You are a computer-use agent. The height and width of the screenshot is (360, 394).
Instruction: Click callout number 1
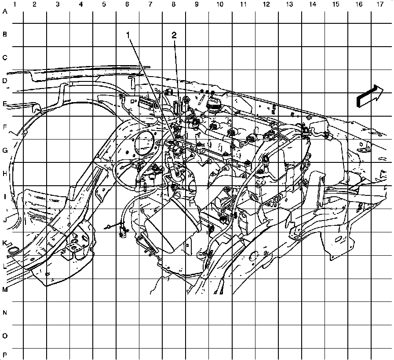128,35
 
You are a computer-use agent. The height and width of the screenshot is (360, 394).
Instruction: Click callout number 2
174,35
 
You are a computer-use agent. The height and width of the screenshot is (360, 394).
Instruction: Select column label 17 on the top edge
379,4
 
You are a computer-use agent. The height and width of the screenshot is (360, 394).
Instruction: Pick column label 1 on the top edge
15,4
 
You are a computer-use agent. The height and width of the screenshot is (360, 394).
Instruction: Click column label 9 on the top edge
197,4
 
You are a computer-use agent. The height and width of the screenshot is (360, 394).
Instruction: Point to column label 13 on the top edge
289,4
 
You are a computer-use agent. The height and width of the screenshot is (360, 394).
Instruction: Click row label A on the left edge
5,12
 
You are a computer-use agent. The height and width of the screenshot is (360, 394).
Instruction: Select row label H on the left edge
5,174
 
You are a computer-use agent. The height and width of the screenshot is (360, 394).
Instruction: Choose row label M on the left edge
5,290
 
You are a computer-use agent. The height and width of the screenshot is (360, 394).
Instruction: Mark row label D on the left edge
5,81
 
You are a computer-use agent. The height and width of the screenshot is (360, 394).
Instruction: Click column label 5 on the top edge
104,4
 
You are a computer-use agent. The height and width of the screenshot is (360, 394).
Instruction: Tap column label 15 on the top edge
336,4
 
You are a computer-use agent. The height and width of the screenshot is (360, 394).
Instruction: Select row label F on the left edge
5,128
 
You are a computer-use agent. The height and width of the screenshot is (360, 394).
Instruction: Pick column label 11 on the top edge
243,4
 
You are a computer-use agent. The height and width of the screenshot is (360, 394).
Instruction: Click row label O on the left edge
5,336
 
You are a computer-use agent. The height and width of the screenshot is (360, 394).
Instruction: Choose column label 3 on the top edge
58,4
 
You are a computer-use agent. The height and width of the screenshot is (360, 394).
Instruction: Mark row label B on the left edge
5,34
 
